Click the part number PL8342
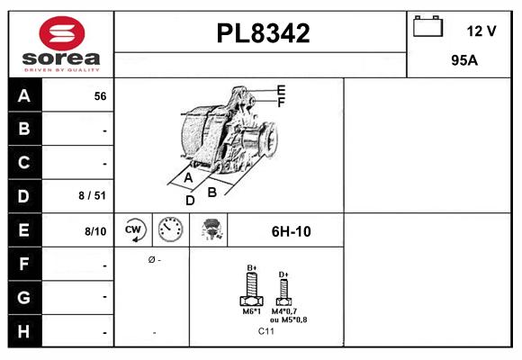point(262,33)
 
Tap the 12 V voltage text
point(481,31)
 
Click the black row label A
point(24,95)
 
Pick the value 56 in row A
point(100,95)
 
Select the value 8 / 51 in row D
point(93,194)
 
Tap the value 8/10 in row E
point(94,231)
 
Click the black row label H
point(24,331)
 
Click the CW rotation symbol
point(134,230)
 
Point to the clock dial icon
point(170,230)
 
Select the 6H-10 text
point(291,231)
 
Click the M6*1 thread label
point(252,312)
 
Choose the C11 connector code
point(266,331)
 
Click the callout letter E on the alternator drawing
point(281,90)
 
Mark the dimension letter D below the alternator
point(190,200)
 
